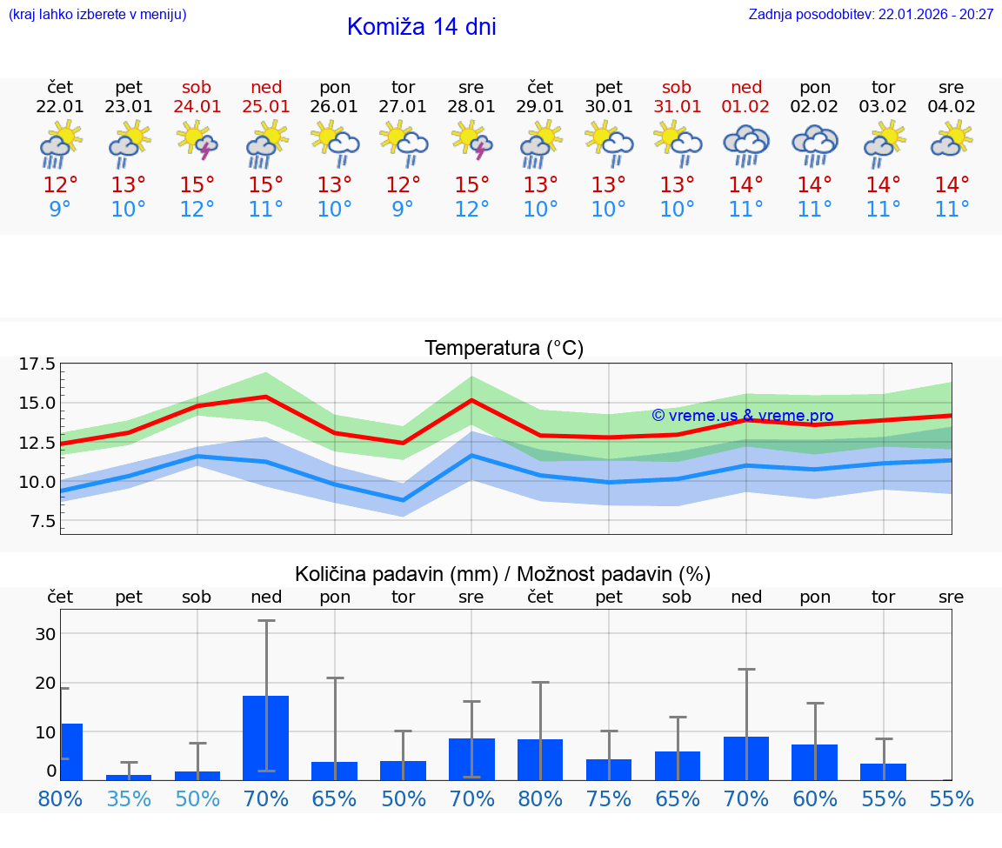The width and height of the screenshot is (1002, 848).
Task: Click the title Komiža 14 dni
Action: point(421,27)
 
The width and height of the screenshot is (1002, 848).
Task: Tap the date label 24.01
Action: point(197,107)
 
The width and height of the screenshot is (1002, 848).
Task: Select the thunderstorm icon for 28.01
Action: point(471,141)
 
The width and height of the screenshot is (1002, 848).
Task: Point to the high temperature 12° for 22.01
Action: point(60,185)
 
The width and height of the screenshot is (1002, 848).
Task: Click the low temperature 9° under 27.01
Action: point(403,210)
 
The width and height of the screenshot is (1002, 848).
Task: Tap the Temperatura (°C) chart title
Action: point(504,348)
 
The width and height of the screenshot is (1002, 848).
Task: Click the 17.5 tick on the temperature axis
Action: point(37,364)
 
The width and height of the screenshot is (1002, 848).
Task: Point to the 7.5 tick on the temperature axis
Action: point(41,521)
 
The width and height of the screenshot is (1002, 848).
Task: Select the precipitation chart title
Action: point(503,574)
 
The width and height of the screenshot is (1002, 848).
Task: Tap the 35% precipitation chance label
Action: point(129,798)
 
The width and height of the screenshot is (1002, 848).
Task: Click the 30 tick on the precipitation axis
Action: point(45,634)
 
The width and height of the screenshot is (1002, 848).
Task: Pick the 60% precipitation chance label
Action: point(815,798)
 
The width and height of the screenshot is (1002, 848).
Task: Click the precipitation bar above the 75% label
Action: point(609,770)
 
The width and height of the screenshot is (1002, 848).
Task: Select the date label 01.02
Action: point(745,107)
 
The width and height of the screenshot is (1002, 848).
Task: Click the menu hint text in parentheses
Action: point(97,14)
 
